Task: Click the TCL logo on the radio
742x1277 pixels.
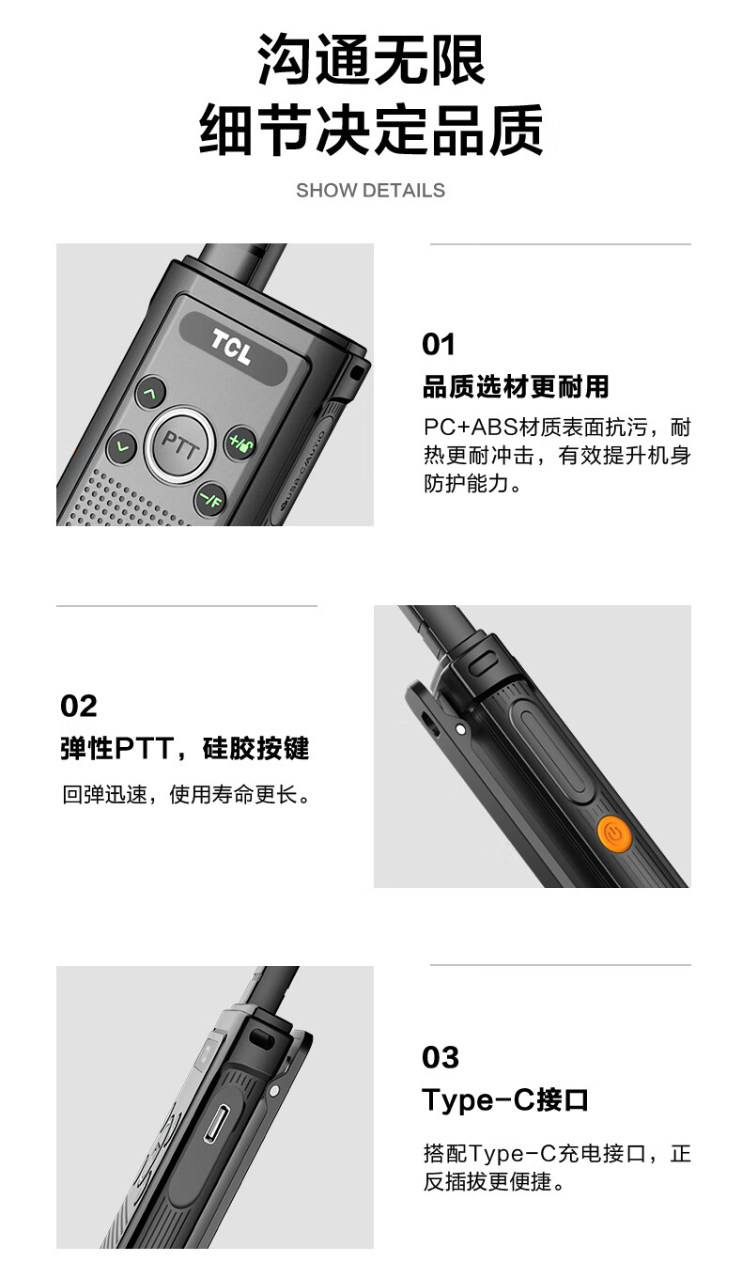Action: click(x=231, y=346)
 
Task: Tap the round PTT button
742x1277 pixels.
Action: click(x=180, y=444)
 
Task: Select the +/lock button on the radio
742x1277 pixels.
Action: click(x=240, y=443)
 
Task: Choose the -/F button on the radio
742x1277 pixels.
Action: click(x=210, y=499)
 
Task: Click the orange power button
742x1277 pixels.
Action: click(x=613, y=834)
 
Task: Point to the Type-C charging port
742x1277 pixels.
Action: click(x=217, y=1123)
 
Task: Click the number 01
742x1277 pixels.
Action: click(x=439, y=344)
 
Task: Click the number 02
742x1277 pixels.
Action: click(x=79, y=706)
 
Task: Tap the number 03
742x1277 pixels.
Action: click(x=440, y=1057)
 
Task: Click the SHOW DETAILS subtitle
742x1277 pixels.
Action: click(x=370, y=191)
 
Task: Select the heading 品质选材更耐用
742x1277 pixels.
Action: click(x=516, y=386)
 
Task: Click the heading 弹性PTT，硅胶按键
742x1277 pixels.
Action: click(x=185, y=748)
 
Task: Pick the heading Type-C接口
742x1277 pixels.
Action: click(x=505, y=1099)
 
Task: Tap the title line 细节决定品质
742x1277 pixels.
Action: click(x=371, y=130)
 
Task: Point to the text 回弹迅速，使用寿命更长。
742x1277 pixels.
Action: click(x=187, y=794)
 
